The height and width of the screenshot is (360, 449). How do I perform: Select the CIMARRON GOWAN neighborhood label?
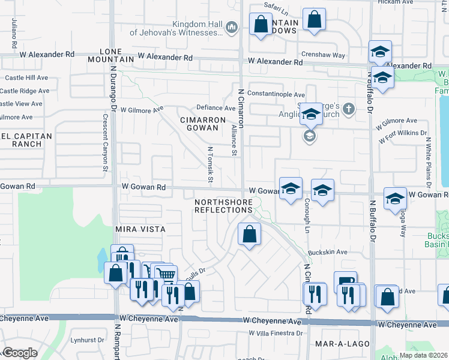coord(203,124)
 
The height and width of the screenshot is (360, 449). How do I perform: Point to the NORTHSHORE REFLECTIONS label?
coord(223,206)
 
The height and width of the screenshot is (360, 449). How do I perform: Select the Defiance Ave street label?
coord(216,108)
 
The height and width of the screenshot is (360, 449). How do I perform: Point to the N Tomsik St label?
coord(210,164)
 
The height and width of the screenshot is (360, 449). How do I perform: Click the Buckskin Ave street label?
coord(328,253)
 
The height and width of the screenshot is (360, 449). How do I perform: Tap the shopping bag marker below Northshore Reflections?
coord(249,235)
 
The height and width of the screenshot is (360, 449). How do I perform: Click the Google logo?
coord(19,353)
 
